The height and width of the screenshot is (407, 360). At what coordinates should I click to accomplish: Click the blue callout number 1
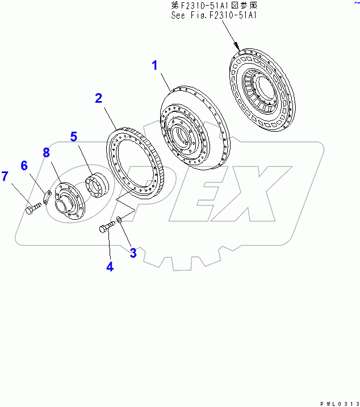coord(154,65)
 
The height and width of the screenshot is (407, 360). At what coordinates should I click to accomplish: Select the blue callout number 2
coord(98,98)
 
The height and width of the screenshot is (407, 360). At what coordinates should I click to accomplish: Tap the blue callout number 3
coord(133,253)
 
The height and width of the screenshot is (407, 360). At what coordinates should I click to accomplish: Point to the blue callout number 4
coord(110,267)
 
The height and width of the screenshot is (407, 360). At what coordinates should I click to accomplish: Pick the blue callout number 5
coord(74,137)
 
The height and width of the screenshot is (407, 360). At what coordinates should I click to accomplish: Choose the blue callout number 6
coord(24,165)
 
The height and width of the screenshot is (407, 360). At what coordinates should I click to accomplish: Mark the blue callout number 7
coord(5,176)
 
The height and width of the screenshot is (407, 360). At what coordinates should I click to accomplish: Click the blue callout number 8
coord(46,152)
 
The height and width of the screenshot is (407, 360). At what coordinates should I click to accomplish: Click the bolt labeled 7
coord(34,208)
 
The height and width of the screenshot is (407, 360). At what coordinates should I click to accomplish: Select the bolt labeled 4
coord(107,227)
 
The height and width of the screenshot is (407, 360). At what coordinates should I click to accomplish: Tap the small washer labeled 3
coord(119,219)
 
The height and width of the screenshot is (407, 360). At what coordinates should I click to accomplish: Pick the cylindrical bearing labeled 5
coord(97,184)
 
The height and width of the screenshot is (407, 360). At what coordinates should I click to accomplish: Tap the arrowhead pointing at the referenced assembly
coord(237,47)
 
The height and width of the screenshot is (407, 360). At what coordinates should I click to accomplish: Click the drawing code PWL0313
coord(340,404)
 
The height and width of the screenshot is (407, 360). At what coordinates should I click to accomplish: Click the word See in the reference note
coord(178,15)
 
